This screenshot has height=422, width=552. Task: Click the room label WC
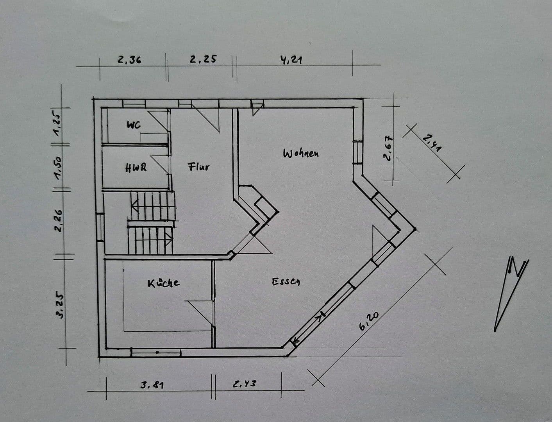point(134,125)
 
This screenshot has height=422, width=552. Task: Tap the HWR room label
point(136,168)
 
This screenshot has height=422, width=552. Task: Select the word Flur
point(199,167)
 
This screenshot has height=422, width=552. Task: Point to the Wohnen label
point(301,153)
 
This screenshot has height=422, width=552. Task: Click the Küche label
point(164,283)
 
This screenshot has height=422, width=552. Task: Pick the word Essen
point(286,281)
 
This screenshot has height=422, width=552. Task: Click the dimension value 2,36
point(129,60)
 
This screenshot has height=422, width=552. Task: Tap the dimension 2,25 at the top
point(203,59)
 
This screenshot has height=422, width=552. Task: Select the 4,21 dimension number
point(291,60)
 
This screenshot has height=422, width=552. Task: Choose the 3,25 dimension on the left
point(60,305)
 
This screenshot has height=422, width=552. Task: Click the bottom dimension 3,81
point(152,385)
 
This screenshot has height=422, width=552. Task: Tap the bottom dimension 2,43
point(245,384)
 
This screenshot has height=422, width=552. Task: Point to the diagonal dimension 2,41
point(432,142)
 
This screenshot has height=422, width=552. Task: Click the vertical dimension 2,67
point(388,148)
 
